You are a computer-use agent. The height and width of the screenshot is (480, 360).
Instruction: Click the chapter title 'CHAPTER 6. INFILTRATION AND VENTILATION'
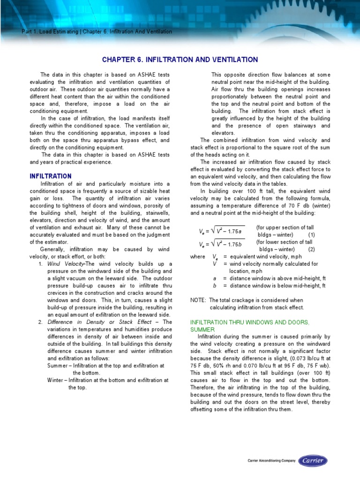(180, 60)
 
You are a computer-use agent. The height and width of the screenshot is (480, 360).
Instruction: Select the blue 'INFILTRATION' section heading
(50, 176)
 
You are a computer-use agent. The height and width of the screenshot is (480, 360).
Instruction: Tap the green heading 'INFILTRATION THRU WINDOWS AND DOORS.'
(249, 322)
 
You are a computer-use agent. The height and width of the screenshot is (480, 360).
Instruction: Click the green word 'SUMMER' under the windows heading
(202, 330)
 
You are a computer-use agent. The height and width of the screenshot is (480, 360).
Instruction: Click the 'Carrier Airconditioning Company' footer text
(271, 461)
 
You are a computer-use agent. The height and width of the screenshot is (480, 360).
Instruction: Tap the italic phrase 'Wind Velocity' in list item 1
(65, 264)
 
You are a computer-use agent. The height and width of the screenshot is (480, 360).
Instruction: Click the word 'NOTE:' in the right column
(198, 300)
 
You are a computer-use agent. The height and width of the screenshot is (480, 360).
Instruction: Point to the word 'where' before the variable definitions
(197, 256)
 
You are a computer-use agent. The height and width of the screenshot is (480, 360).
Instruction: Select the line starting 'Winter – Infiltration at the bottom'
(107, 380)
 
